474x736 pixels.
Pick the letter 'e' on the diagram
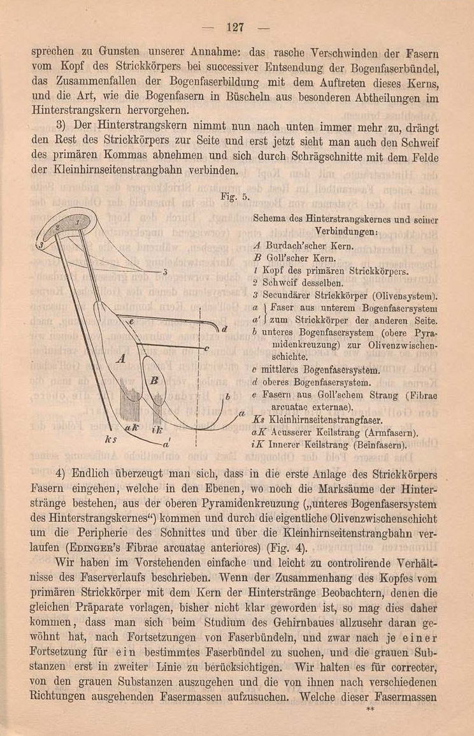pos(132,323)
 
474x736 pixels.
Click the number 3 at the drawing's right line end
pos(165,272)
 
